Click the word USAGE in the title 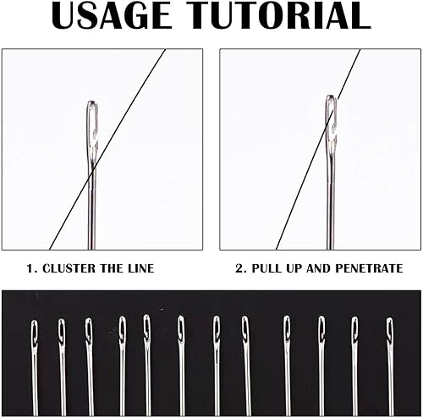pos(112,15)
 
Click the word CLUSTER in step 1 pos(69,268)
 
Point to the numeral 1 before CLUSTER pos(30,268)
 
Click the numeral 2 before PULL pos(239,268)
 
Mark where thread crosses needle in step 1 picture pos(93,171)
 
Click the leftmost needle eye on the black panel pos(35,333)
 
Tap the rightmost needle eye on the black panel pos(390,331)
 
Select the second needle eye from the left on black pos(62,332)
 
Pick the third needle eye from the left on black pos(89,331)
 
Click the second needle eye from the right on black pos(354,330)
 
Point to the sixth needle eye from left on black pos(181,329)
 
